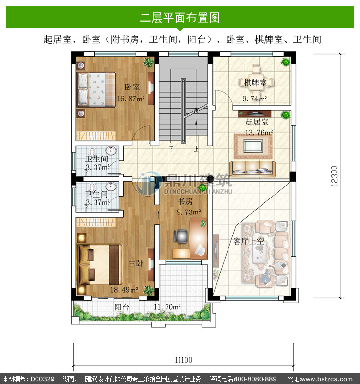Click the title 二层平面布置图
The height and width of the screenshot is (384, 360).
click(180, 18)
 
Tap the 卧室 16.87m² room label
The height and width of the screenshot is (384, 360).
click(131, 93)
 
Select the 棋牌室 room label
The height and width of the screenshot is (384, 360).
click(255, 83)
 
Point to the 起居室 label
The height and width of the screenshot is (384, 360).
click(257, 122)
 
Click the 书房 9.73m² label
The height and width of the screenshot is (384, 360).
click(189, 207)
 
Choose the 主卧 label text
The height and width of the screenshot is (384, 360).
click(136, 263)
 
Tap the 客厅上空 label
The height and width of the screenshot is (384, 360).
click(249, 241)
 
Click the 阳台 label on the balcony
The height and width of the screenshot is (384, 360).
click(121, 307)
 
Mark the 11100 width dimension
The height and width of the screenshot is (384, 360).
click(183, 360)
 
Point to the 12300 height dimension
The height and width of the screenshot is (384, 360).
click(335, 176)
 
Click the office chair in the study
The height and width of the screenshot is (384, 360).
click(180, 236)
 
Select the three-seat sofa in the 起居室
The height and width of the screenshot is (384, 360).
click(252, 169)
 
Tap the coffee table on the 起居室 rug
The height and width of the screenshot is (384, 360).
click(253, 146)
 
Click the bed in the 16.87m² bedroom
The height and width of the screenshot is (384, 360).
click(96, 89)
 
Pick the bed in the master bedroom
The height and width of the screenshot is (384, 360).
click(99, 264)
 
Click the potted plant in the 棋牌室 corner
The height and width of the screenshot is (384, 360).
click(285, 62)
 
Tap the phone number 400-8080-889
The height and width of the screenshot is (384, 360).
click(255, 379)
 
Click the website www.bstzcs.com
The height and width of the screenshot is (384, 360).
click(326, 379)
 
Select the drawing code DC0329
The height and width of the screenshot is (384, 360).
click(42, 379)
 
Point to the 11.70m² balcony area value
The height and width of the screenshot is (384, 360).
click(168, 307)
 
